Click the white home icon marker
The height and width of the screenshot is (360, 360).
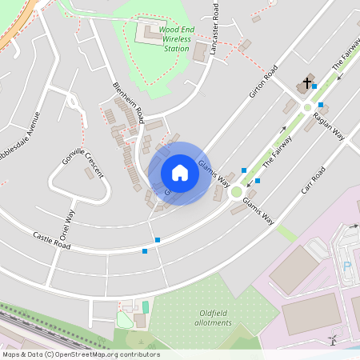[180, 173]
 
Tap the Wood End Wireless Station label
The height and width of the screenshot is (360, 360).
[170, 38]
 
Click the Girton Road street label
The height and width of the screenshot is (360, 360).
[262, 82]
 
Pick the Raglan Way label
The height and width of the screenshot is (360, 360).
[330, 126]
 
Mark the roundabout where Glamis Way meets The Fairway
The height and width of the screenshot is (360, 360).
[237, 192]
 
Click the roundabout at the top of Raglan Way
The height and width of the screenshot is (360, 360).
[306, 107]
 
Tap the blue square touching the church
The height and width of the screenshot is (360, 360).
[314, 86]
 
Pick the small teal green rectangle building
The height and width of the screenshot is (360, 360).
[145, 306]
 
